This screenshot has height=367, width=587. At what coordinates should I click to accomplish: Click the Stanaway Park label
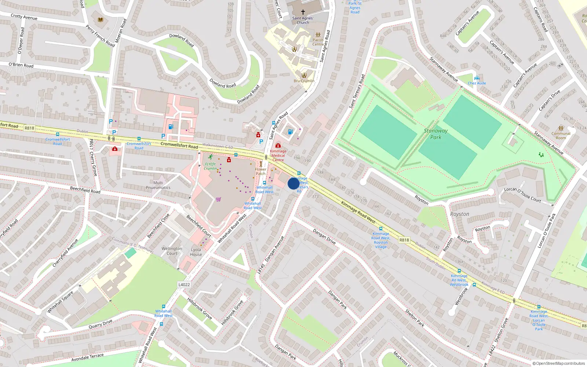tap(435, 134)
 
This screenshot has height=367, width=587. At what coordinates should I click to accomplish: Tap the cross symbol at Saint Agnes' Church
tap(303, 12)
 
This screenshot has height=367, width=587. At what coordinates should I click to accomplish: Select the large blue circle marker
tap(293, 183)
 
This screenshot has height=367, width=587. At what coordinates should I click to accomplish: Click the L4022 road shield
tap(184, 284)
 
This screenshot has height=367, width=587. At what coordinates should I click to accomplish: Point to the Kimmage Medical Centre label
tap(278, 156)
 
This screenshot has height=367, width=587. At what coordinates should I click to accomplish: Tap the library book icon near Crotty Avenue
tap(101, 20)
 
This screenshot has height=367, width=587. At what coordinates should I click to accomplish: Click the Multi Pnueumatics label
tap(158, 185)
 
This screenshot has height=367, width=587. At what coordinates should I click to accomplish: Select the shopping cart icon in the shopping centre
tap(219, 199)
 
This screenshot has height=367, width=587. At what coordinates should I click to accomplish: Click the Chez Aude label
tap(477, 83)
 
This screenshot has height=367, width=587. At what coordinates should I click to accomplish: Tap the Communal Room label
tap(561, 136)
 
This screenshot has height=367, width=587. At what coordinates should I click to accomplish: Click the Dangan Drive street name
tap(324, 236)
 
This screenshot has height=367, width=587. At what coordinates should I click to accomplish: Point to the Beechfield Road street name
tap(85, 190)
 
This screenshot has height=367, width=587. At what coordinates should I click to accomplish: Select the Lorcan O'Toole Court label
tap(522, 195)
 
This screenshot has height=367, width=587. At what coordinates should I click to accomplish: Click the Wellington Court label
tap(172, 251)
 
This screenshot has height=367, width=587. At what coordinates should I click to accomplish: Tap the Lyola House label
tap(196, 252)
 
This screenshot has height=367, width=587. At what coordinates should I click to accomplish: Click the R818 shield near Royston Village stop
tap(404, 240)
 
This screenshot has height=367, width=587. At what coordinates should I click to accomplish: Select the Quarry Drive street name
tap(101, 324)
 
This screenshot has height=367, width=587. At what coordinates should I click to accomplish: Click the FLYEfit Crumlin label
tap(211, 166)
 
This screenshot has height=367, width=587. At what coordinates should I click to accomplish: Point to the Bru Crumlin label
tap(304, 81)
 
